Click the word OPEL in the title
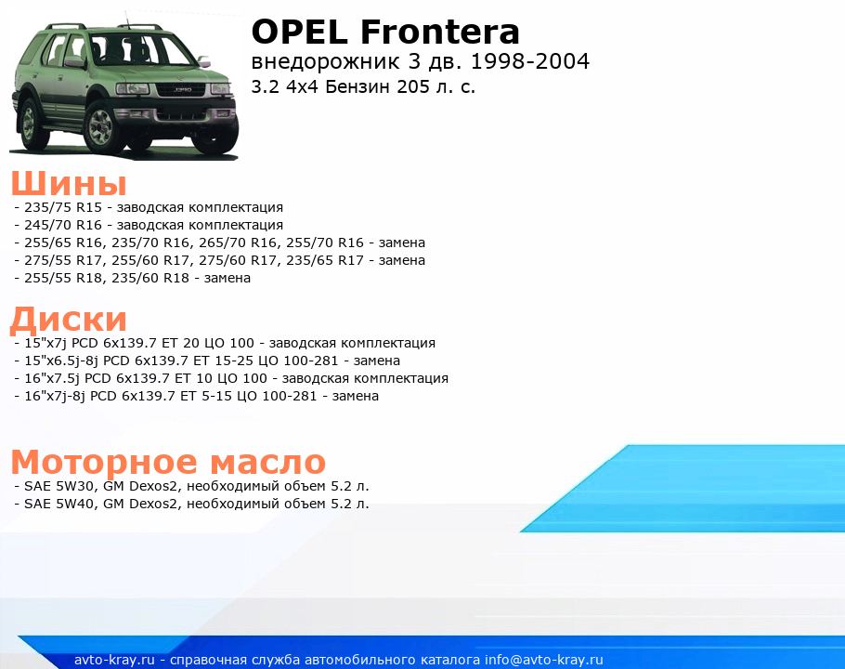(300, 32)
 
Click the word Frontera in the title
(440, 32)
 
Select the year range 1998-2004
(529, 61)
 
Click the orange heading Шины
(69, 183)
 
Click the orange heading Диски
(69, 319)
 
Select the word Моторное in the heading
(105, 462)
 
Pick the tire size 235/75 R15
(63, 207)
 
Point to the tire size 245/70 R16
(63, 226)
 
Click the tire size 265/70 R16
(237, 243)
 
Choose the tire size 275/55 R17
(63, 261)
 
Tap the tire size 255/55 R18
(63, 279)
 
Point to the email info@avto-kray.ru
(544, 660)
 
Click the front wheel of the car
(101, 126)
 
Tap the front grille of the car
(180, 89)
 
